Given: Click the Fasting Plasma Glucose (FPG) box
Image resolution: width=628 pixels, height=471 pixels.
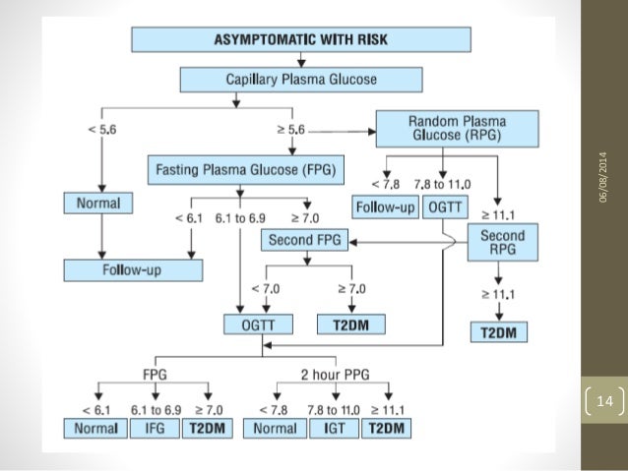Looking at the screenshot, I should pos(246,168).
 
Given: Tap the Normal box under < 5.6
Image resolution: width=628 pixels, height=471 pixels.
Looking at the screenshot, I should pos(95,205).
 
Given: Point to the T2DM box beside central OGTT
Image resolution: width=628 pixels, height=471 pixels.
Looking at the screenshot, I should pos(350,324).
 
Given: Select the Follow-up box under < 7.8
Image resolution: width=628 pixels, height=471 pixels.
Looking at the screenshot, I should pos(387,207).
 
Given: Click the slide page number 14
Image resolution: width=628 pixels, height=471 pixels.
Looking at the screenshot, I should pos(605,401).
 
